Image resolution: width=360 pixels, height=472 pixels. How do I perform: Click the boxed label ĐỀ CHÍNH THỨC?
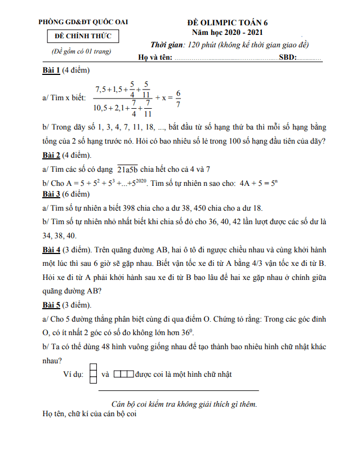coord(83,37)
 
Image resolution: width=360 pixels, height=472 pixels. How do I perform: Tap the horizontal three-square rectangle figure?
coord(123,373)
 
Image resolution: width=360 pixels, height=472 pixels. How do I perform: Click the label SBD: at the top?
coord(288,57)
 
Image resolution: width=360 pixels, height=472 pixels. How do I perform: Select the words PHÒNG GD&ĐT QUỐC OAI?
coord(83,22)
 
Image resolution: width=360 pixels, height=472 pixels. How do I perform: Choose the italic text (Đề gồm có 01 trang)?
coord(82,51)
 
